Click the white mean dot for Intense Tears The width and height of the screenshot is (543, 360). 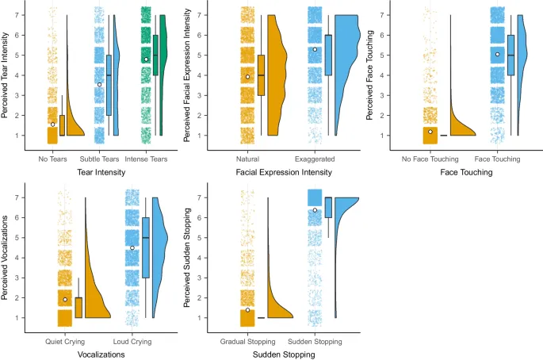[x=147, y=59]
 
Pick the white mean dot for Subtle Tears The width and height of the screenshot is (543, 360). [x=99, y=84]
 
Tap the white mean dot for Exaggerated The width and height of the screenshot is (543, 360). [x=315, y=49]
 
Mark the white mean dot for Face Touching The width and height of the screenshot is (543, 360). [x=497, y=54]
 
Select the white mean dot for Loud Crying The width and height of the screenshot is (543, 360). [x=132, y=248]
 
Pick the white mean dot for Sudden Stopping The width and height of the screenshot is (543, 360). [x=315, y=210]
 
